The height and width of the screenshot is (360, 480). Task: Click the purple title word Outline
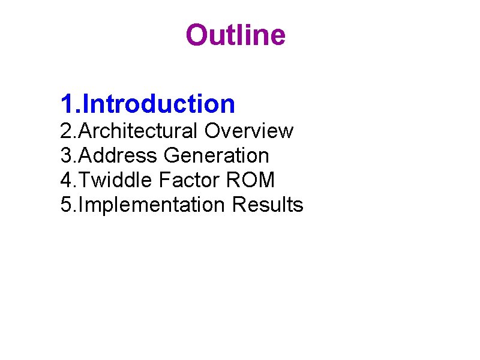pos(235,35)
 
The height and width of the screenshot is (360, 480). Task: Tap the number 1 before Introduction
pos(67,104)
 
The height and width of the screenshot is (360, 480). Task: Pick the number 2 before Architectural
pos(66,131)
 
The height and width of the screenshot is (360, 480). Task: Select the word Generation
pos(216,156)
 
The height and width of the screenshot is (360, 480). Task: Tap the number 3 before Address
pos(66,156)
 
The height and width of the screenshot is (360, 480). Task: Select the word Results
pos(268,205)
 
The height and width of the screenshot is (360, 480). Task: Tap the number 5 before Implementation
pos(66,205)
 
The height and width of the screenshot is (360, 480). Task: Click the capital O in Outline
pos(197,35)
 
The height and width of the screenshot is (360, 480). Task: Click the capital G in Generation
pos(172,156)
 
